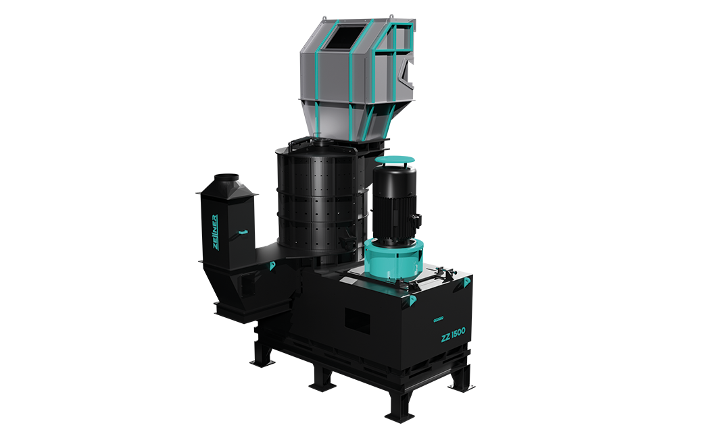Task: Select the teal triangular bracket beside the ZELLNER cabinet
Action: [x=271, y=267]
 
